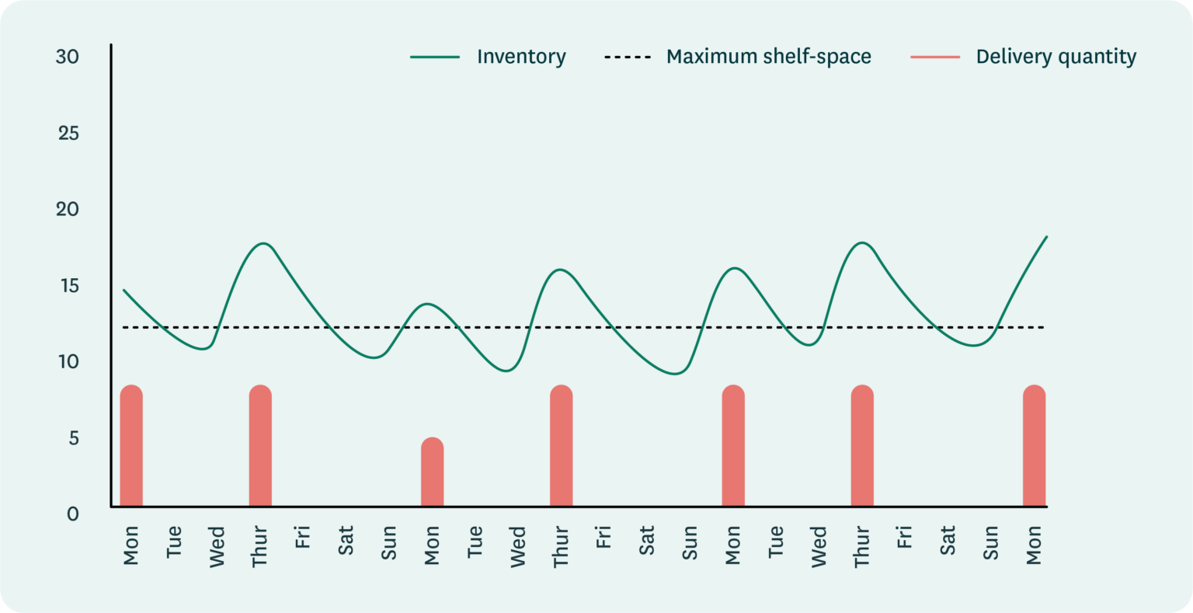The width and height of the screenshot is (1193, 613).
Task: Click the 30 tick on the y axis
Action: click(68, 57)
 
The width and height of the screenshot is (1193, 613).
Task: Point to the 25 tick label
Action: click(68, 133)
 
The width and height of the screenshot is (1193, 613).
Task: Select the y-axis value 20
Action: click(68, 209)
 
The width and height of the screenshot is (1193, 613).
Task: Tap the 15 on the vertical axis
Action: click(68, 285)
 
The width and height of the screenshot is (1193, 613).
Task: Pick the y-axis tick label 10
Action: click(68, 361)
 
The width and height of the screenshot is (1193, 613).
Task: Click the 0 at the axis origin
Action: click(72, 514)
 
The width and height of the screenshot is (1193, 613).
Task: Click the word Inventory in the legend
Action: click(521, 57)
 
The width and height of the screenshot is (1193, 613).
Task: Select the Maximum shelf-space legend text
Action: click(768, 57)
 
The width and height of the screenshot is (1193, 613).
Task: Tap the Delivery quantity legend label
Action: click(1056, 57)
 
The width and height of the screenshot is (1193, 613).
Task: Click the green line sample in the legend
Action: click(435, 57)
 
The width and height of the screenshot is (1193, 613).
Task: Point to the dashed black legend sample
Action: click(628, 57)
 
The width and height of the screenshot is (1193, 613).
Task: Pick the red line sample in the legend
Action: click(935, 57)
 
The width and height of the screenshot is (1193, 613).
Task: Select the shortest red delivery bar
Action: click(433, 472)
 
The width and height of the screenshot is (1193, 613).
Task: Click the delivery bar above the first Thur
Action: click(260, 446)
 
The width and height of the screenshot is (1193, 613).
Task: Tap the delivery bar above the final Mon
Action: click(1034, 446)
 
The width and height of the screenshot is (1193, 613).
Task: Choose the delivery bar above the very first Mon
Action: click(131, 446)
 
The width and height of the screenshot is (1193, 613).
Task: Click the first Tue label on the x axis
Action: click(174, 542)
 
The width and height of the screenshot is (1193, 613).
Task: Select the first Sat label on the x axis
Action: click(346, 541)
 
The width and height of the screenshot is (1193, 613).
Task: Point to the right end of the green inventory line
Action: click(1046, 237)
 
